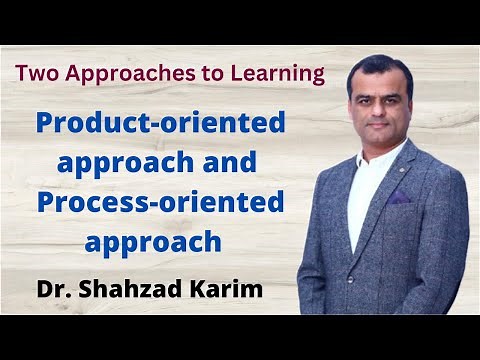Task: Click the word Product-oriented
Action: click(x=161, y=124)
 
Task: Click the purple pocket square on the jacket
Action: click(x=399, y=198)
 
